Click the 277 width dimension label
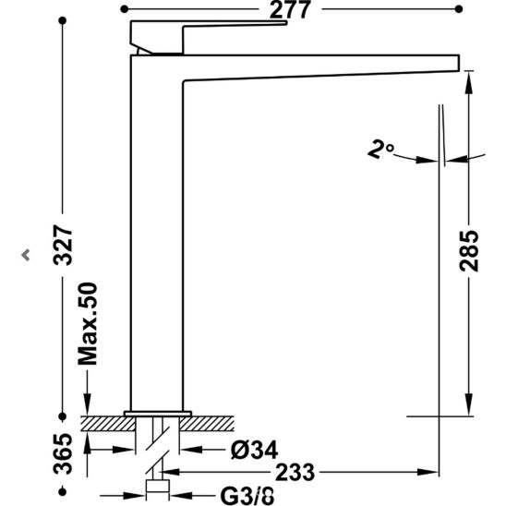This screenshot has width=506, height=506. coord(290,9)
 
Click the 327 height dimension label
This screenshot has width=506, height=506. coord(63,246)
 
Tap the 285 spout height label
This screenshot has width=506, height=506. coord(469,250)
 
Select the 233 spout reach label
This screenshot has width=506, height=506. coord(295,472)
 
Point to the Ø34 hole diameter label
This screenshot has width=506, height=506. coord(254,451)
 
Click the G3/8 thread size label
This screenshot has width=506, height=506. coord(247,497)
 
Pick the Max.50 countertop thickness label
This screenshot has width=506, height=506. coord(88,324)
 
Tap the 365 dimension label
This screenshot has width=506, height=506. coord(63,454)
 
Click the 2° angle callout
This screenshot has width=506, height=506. coord(380,149)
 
